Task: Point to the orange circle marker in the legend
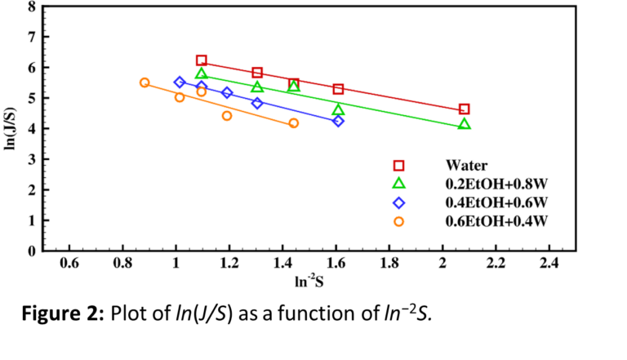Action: click(400, 220)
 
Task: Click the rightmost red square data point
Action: click(465, 109)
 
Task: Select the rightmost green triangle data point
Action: click(465, 124)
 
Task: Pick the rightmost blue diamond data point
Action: click(338, 121)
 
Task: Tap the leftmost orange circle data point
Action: click(145, 82)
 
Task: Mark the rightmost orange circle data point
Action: click(294, 123)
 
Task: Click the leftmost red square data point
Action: click(202, 60)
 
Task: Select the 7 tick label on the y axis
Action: click(31, 38)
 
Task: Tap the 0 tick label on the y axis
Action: click(31, 251)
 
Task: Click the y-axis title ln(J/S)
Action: click(11, 129)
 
